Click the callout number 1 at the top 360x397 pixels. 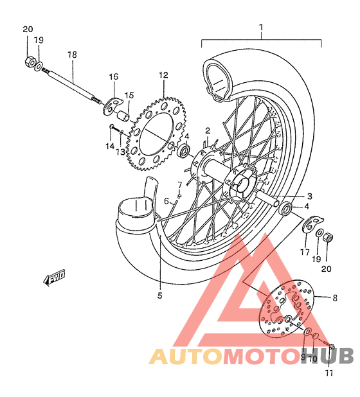262,28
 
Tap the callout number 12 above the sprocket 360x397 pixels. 163,75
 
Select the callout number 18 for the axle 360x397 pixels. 72,55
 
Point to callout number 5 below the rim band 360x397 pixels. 159,296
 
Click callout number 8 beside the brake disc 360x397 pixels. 334,297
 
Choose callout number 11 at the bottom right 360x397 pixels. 329,373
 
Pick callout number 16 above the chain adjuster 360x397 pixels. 113,77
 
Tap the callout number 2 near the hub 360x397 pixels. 208,130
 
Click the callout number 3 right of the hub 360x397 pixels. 309,197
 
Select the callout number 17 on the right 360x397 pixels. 304,252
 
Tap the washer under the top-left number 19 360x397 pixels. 39,66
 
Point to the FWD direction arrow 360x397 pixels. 55,278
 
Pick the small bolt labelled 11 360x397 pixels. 332,347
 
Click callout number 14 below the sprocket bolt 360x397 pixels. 109,146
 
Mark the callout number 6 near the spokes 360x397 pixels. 166,201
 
